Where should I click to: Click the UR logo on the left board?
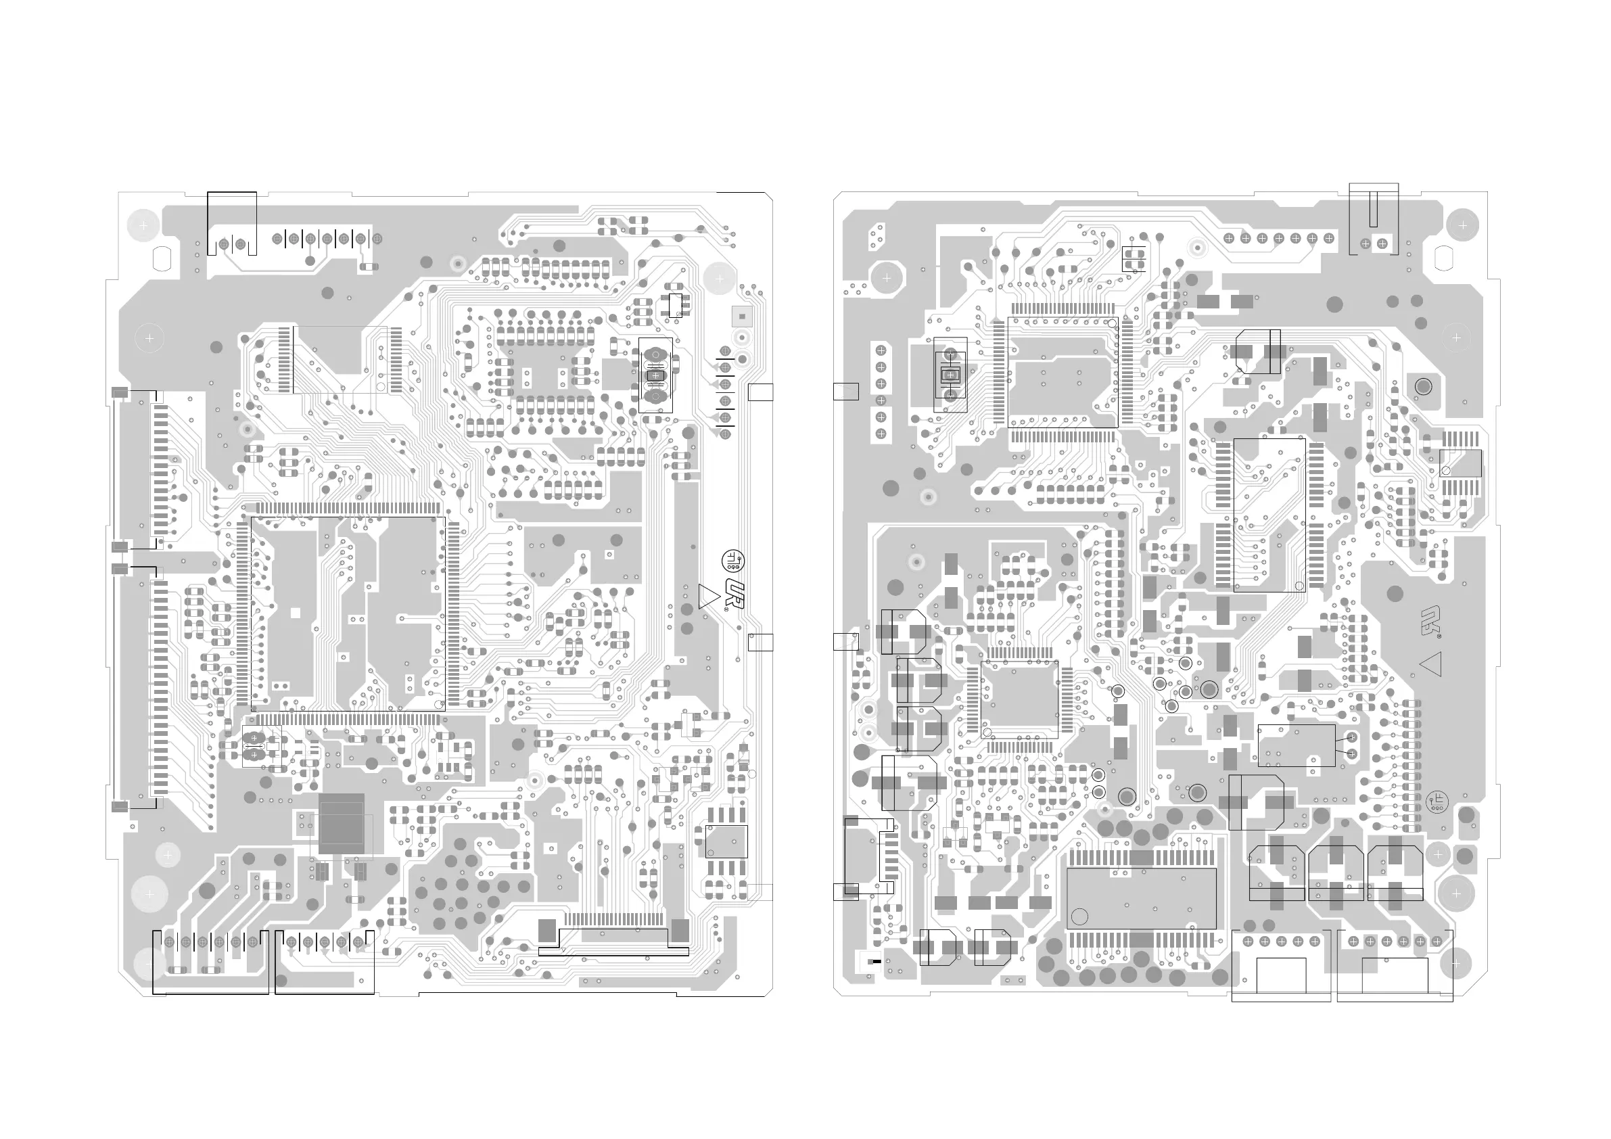point(734,595)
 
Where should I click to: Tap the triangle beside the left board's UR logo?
point(709,596)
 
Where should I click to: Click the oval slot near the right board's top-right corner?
point(1443,258)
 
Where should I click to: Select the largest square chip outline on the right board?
point(1063,372)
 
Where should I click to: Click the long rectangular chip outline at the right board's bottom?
point(1141,899)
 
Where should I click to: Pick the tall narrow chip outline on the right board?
point(1269,515)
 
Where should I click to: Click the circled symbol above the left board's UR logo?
point(732,560)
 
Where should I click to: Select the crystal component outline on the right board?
point(951,375)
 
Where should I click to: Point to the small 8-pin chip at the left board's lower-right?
point(726,841)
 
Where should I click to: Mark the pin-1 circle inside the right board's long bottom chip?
point(1080,916)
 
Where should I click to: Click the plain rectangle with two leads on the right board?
point(1296,745)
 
